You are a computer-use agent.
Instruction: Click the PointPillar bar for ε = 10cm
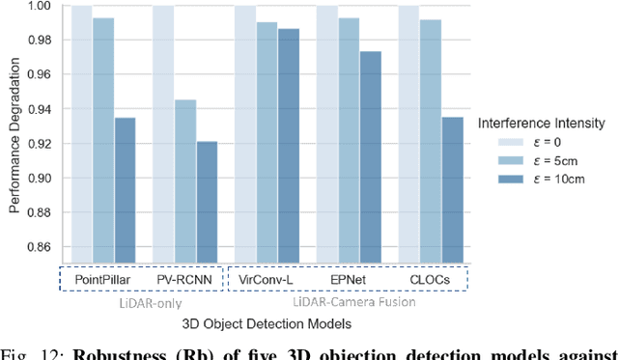point(126,188)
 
